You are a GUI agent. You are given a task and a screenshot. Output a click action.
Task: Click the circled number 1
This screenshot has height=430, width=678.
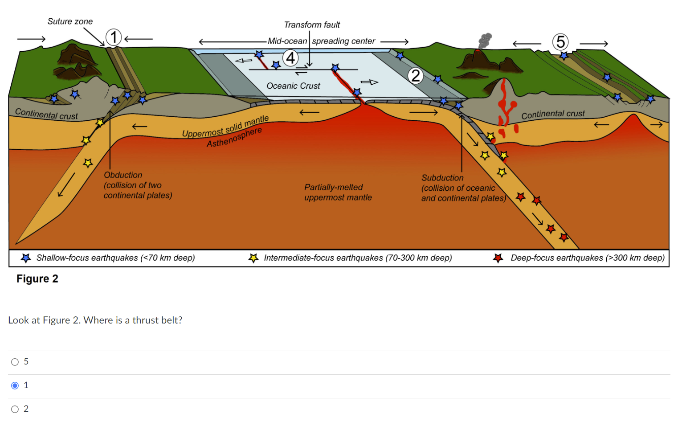point(114,37)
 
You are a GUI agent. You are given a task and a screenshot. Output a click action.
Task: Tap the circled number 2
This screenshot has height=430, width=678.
point(416,76)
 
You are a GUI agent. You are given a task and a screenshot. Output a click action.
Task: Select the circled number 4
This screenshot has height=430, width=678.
point(290,57)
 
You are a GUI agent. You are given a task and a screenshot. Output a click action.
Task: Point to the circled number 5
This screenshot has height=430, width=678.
point(560,42)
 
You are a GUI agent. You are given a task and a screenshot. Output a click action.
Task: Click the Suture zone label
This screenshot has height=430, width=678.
point(70,21)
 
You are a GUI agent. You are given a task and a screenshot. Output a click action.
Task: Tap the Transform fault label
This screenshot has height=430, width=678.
point(312,25)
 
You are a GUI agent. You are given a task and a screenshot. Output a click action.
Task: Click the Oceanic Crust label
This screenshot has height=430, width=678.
point(293,86)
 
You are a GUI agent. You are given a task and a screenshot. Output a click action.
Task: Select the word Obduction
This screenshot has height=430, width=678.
point(123,175)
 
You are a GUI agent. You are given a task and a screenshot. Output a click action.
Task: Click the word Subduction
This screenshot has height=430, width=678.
point(442,178)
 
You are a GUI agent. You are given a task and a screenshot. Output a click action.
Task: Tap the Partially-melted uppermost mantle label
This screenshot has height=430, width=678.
point(338,192)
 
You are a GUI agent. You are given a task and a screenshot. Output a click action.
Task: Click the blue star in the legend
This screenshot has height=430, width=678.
point(26,258)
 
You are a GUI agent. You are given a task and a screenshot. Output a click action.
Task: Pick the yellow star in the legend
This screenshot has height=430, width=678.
point(253,258)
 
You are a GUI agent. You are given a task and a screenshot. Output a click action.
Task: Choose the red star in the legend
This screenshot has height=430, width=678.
point(498,258)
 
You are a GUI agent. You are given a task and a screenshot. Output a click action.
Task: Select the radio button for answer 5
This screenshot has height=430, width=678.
point(15,362)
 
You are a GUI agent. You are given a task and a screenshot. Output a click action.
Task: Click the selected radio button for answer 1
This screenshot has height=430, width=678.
point(15,385)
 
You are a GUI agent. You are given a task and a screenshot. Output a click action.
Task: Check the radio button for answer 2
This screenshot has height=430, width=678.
point(15,409)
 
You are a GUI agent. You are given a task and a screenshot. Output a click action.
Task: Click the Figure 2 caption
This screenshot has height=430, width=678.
point(37,279)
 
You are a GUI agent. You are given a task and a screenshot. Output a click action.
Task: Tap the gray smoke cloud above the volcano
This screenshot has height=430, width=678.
point(485,40)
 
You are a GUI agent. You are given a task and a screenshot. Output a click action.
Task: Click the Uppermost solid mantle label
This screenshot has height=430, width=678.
point(225,127)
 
